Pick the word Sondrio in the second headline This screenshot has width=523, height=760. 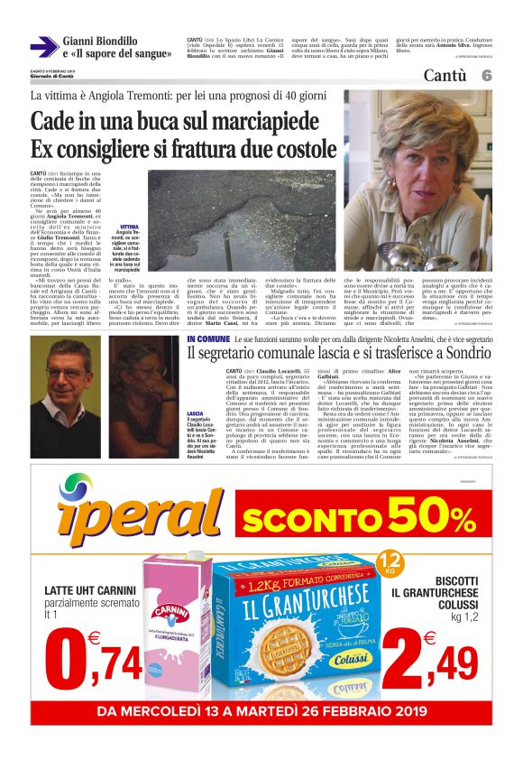(x=460, y=353)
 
